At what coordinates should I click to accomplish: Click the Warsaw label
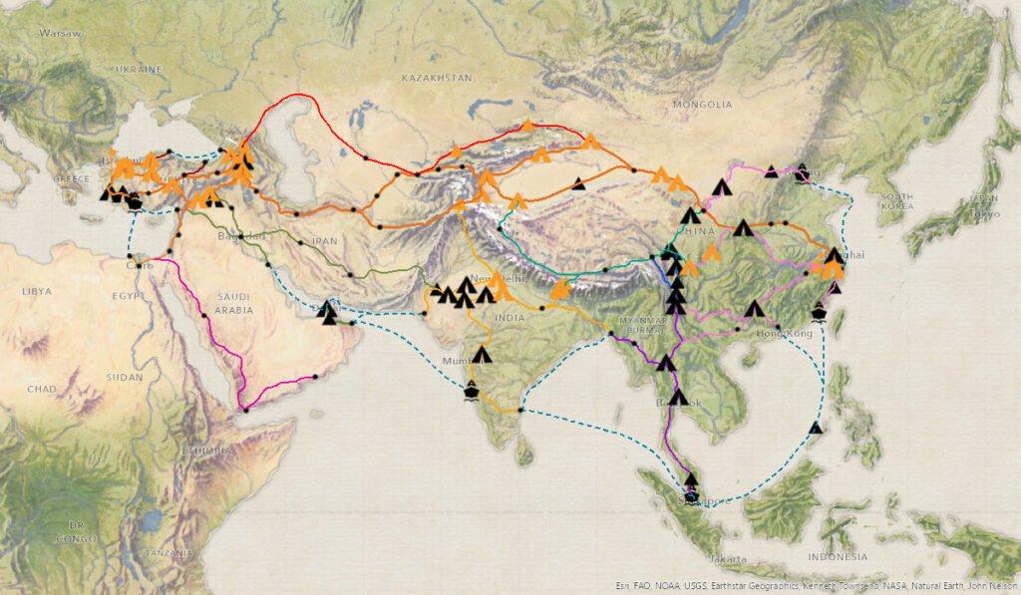click(x=59, y=34)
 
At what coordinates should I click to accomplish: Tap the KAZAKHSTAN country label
click(x=436, y=78)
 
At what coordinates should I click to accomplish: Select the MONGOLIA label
click(x=702, y=105)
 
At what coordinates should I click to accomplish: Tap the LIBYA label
click(x=36, y=291)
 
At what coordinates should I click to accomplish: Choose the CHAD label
click(x=43, y=388)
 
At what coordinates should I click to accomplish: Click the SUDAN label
click(x=125, y=378)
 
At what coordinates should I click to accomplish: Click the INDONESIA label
click(x=839, y=556)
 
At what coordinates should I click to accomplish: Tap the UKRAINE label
click(x=138, y=70)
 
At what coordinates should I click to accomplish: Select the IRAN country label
click(x=325, y=241)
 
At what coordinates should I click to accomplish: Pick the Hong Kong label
click(x=787, y=333)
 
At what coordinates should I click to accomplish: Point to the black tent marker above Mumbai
click(x=483, y=355)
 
